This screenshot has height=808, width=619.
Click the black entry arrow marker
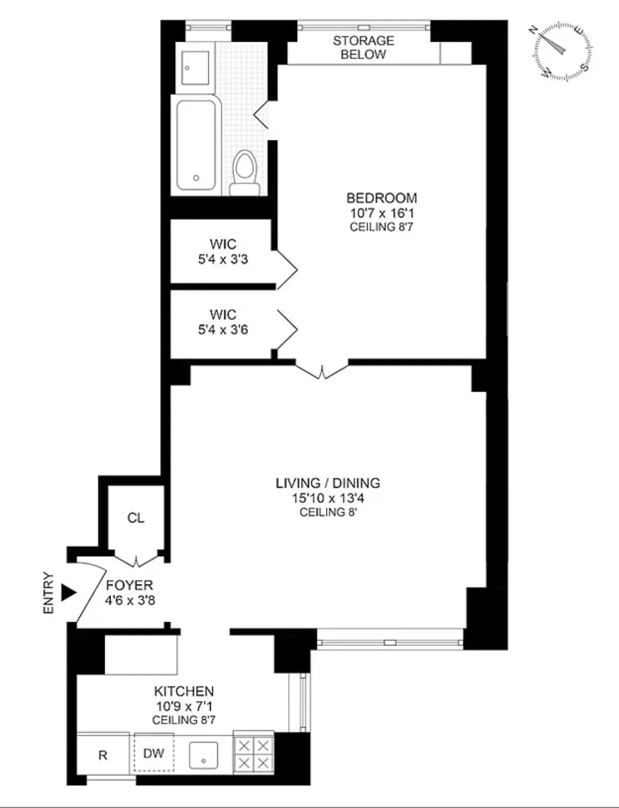point(68,592)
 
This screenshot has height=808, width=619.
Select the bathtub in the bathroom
point(196,145)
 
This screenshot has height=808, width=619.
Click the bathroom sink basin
point(195,68)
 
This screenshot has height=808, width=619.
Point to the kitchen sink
point(203,755)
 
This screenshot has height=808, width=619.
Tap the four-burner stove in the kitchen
point(254,755)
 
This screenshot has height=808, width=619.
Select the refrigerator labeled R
point(103,755)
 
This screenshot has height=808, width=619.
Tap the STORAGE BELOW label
point(363,48)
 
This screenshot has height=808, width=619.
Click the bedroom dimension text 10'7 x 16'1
point(382,213)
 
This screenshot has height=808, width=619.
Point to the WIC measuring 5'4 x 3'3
point(223,252)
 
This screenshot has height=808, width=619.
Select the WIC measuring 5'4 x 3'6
point(223,322)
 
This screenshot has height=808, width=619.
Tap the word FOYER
point(130,585)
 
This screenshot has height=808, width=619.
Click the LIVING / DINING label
point(328,483)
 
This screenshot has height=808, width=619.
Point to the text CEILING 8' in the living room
point(328,513)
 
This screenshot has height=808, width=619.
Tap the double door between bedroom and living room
point(322,370)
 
